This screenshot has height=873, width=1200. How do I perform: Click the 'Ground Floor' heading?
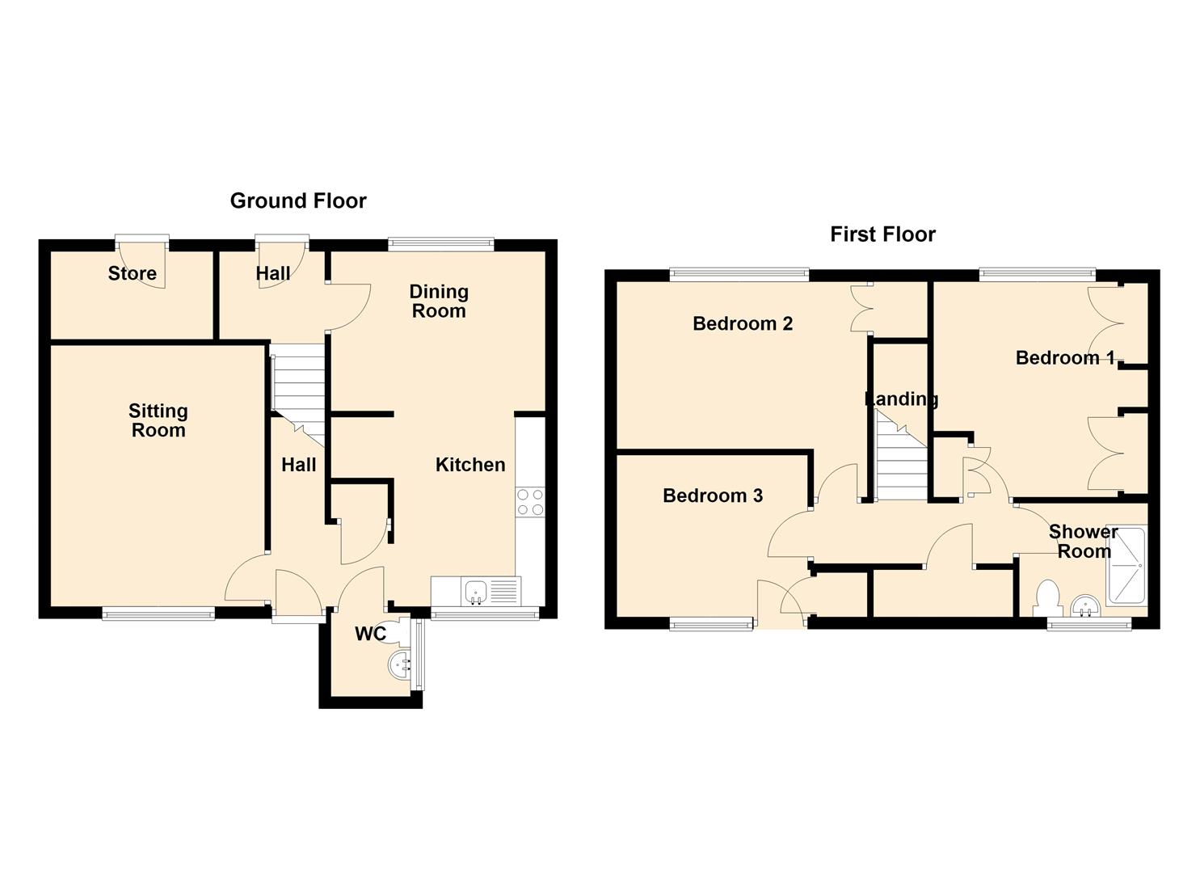[x=298, y=201]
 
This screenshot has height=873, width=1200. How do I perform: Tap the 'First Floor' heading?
[x=882, y=234]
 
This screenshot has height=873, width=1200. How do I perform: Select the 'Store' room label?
[x=133, y=273]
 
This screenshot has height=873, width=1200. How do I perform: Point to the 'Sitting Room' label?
[x=158, y=420]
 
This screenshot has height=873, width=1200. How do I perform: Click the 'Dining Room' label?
[x=439, y=302]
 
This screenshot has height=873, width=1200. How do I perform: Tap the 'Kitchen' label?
[x=470, y=465]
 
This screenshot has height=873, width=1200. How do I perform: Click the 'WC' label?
[x=370, y=634]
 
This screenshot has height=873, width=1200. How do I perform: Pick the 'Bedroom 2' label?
[x=743, y=323]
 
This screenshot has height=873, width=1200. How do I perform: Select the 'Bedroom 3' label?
[x=713, y=496]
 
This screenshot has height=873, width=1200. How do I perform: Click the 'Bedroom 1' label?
[x=1065, y=357]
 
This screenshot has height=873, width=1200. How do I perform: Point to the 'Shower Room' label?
[x=1083, y=542]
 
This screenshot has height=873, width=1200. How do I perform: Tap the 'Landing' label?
[x=902, y=399]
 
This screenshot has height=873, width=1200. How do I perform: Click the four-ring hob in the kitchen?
[x=530, y=502]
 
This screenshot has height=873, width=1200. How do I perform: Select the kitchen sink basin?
[x=475, y=593]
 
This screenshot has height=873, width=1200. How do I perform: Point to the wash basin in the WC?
[x=398, y=665]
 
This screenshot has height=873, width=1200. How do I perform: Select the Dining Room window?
[x=441, y=244]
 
